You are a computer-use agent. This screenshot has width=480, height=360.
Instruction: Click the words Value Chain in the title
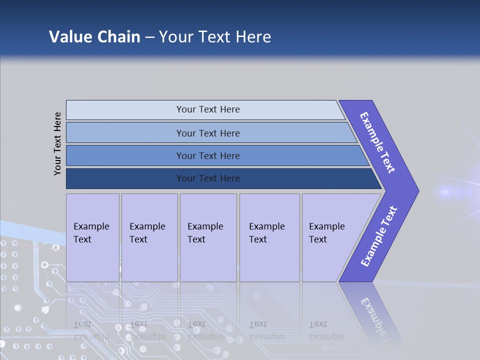tap(94, 36)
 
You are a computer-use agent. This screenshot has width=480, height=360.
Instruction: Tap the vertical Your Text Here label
tap(57, 143)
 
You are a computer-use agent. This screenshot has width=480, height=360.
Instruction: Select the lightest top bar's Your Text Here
tap(208, 109)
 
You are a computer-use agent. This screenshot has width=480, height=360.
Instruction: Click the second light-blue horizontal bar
tap(208, 133)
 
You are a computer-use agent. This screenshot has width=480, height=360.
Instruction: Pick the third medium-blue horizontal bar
tap(208, 155)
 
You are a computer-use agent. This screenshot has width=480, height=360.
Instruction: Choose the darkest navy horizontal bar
tap(208, 178)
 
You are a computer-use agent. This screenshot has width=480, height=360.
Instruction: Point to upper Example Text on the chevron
tap(378, 142)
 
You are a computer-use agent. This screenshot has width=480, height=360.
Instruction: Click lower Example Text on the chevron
tap(379, 236)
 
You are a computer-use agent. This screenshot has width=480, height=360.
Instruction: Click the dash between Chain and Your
tap(149, 37)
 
